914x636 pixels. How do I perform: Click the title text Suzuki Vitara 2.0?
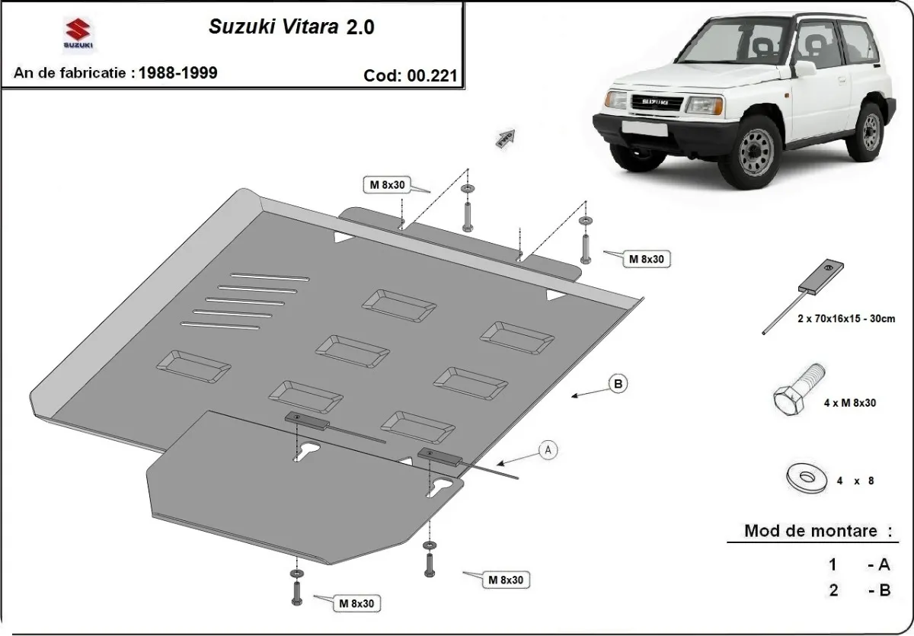(x=291, y=27)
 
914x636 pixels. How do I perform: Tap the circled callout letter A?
(x=547, y=450)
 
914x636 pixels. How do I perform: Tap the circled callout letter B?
(x=618, y=384)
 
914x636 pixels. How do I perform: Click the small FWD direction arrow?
(x=506, y=138)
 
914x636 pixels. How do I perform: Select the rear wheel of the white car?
(x=871, y=130)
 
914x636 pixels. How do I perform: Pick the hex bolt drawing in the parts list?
(x=799, y=389)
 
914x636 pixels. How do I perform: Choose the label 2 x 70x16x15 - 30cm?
(x=845, y=319)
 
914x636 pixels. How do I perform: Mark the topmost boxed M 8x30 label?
(x=387, y=185)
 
